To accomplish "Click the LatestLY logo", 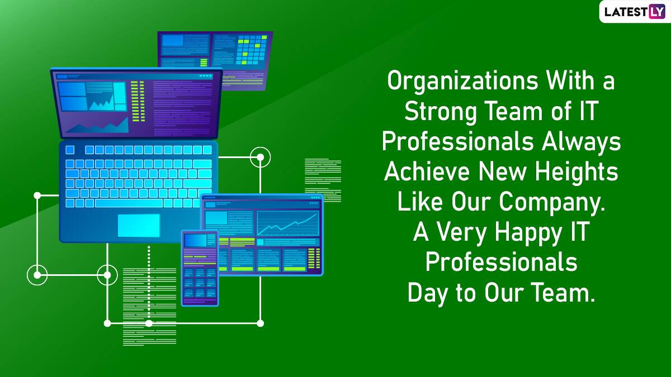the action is pos(635,12).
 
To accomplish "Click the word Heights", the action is pos(577,172).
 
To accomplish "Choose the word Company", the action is pos(552,203).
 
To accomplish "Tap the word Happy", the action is pos(528,233).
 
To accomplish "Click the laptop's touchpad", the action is pos(139,225).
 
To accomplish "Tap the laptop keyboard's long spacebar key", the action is pos(129,203).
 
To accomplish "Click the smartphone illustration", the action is pos(200,268).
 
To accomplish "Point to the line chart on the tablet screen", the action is pos(288,223).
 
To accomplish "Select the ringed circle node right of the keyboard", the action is pos(261,157).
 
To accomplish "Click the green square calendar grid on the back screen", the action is pos(251,50).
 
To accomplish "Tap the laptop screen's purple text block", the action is pos(182,107).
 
